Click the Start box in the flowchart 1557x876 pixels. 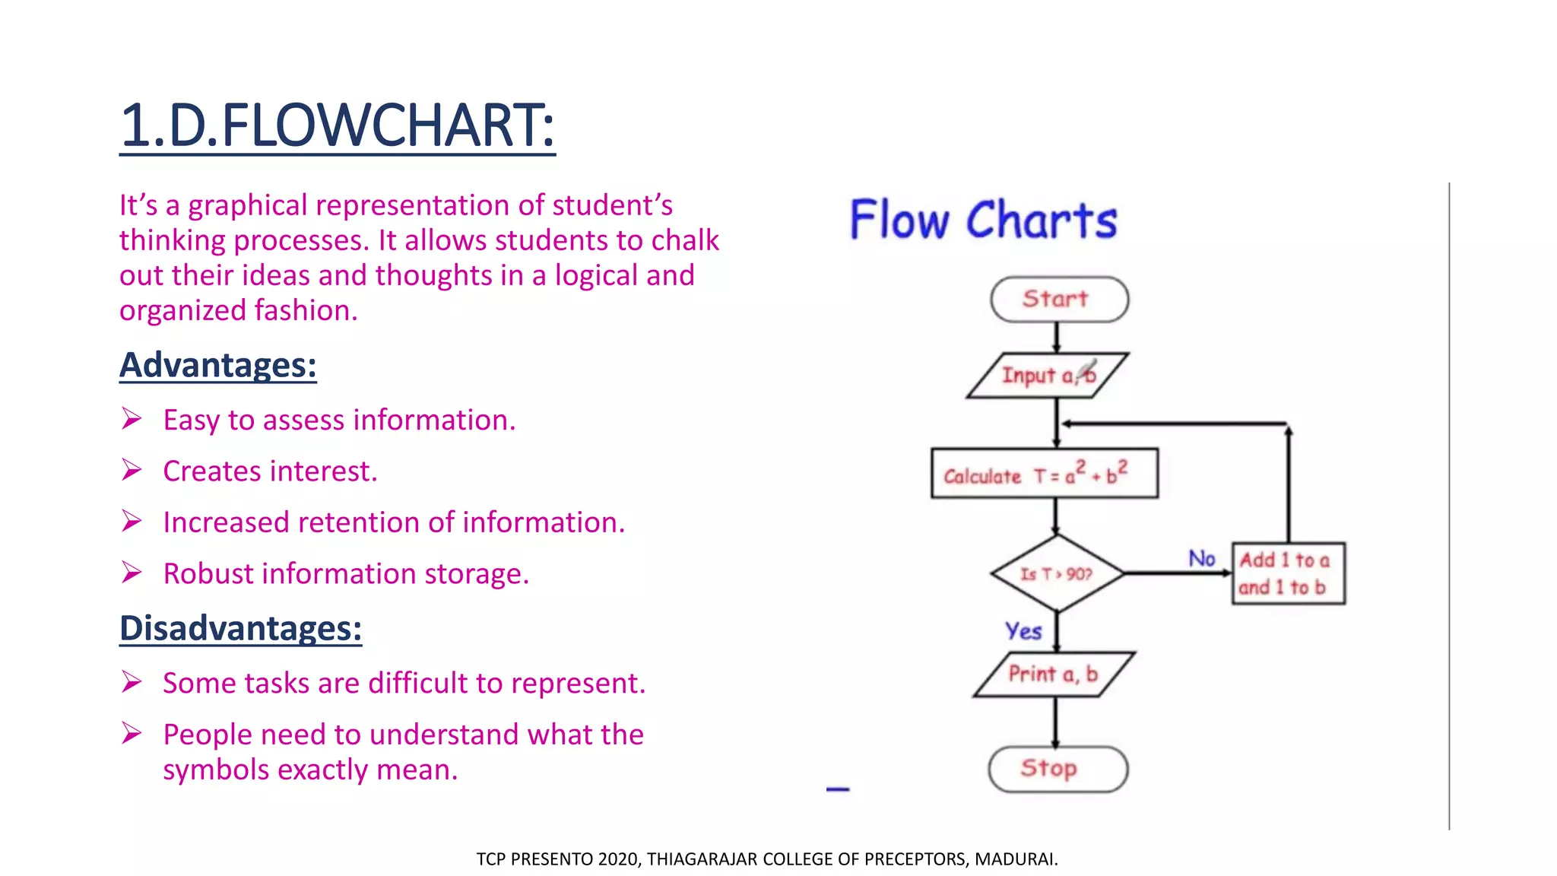[1058, 299]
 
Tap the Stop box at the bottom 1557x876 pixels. [1058, 769]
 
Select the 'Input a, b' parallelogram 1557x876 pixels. [1048, 376]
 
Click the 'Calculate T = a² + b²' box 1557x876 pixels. [1044, 474]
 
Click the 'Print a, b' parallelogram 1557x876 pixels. [1054, 674]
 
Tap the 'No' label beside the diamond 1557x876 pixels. [1202, 559]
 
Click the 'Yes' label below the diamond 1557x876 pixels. [1023, 631]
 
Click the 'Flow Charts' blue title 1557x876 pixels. [983, 221]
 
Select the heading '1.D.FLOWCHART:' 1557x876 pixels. [337, 126]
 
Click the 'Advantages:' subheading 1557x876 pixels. [218, 365]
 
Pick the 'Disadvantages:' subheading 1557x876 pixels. [240, 628]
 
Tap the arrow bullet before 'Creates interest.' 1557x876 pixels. [132, 471]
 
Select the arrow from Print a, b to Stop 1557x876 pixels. [1055, 722]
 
